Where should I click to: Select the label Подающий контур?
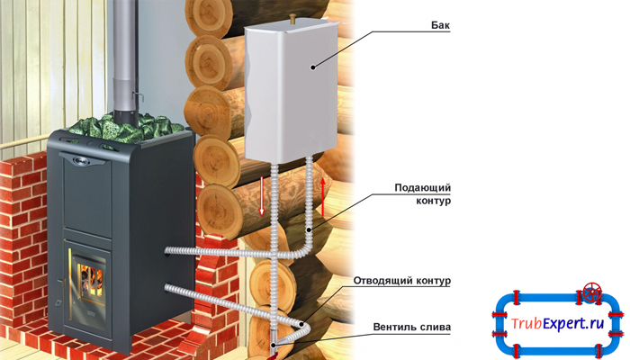pyautogui.click(x=422, y=193)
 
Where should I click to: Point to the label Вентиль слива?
pyautogui.click(x=416, y=326)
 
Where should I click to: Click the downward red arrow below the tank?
pyautogui.click(x=262, y=195)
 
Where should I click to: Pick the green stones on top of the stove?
pyautogui.click(x=135, y=125)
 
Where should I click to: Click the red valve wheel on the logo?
pyautogui.click(x=591, y=293)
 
